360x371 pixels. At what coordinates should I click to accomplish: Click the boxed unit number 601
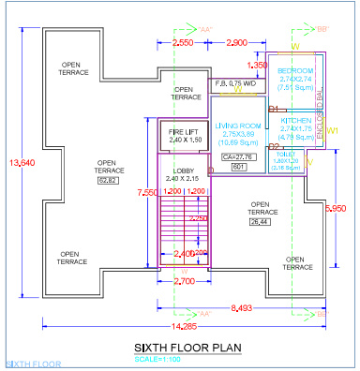click(x=238, y=167)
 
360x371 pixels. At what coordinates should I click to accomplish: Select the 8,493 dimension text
click(x=241, y=306)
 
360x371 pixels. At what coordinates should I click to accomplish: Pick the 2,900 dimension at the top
click(x=237, y=43)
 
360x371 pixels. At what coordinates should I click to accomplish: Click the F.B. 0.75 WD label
click(x=236, y=83)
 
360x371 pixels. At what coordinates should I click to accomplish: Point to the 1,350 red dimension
click(x=256, y=65)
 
